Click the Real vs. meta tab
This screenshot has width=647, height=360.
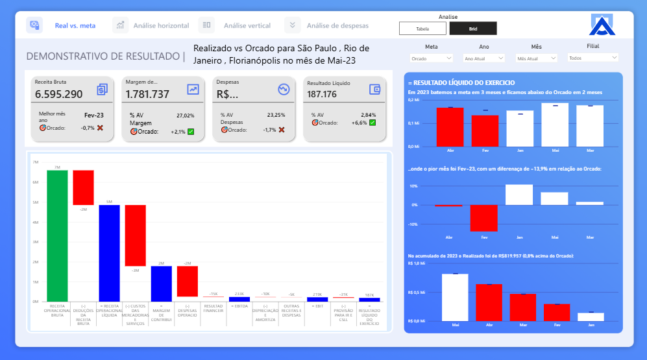[75, 25]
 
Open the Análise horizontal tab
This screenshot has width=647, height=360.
[161, 25]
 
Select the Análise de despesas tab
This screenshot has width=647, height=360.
[337, 25]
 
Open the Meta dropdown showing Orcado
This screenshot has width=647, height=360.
[431, 58]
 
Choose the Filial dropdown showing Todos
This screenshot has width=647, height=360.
[592, 58]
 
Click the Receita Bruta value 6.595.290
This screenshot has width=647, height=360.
[59, 94]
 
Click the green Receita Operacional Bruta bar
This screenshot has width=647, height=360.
[57, 235]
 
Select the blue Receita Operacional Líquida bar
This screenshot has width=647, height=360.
[109, 253]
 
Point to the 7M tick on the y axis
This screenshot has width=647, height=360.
[36, 162]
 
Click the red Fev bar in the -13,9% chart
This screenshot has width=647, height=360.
[484, 218]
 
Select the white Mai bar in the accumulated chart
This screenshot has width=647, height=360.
[455, 297]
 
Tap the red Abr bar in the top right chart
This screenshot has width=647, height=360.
[450, 126]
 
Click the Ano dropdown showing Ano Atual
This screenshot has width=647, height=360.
[483, 58]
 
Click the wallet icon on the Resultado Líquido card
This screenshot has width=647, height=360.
[374, 90]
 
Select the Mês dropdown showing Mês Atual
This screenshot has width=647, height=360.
[536, 58]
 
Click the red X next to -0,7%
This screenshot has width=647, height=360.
[100, 128]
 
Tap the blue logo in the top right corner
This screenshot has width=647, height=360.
[605, 25]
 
